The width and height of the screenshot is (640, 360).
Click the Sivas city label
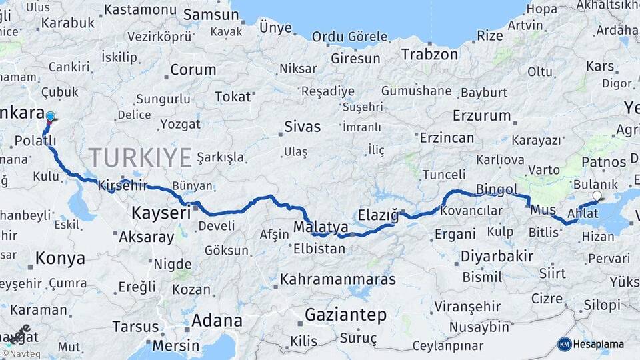click(302, 127)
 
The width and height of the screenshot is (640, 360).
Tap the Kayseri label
click(161, 213)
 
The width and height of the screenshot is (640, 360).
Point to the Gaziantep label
click(345, 315)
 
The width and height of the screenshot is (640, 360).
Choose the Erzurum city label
click(481, 115)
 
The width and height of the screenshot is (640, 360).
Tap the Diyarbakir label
click(497, 256)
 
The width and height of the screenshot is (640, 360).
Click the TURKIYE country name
click(140, 157)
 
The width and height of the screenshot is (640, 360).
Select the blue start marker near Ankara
click(50, 117)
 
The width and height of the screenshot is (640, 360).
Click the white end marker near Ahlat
click(597, 196)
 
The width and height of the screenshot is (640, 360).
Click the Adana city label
click(217, 320)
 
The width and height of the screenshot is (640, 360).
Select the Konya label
click(60, 258)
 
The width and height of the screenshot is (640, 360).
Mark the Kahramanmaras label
click(337, 279)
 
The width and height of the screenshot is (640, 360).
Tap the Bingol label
click(497, 189)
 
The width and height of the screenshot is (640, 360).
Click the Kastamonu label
click(139, 9)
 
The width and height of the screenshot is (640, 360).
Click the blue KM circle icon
click(564, 344)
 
